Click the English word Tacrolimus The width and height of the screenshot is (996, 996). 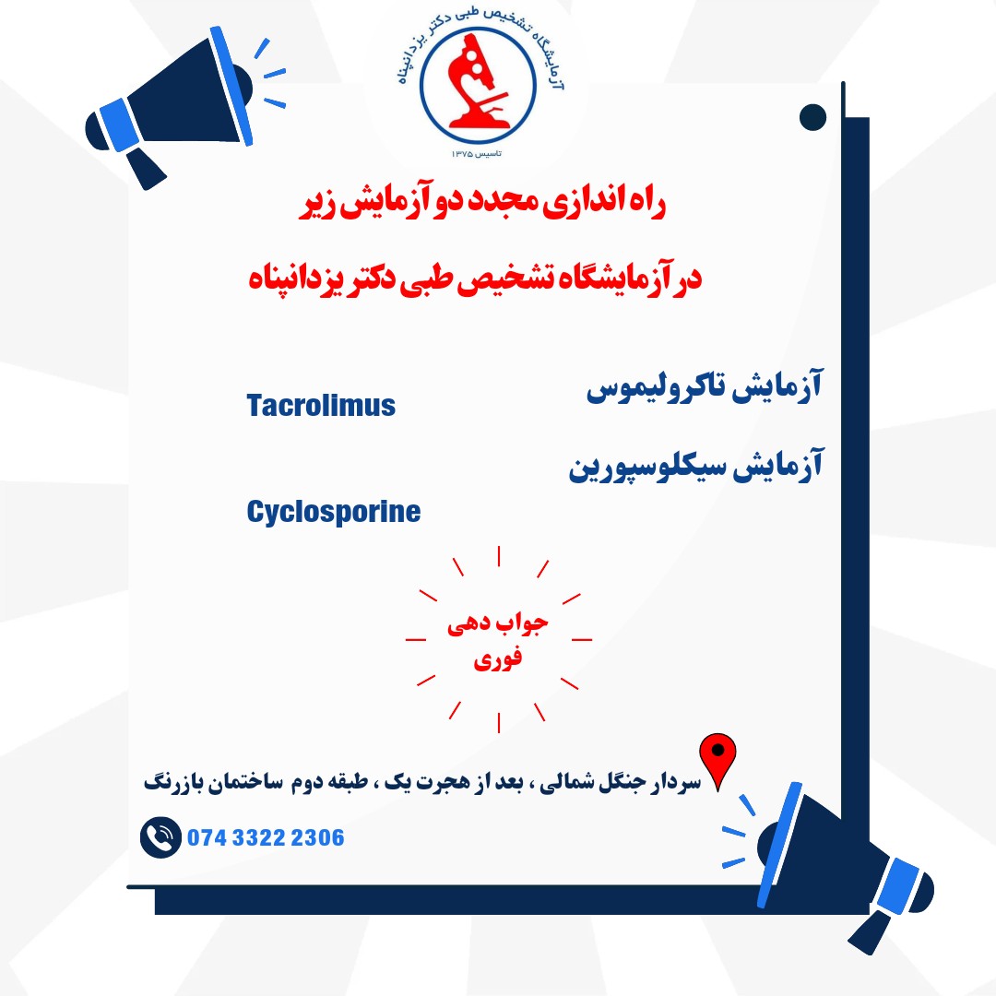tap(321, 405)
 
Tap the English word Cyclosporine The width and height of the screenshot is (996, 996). tap(334, 512)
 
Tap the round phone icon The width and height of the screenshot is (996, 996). tap(160, 837)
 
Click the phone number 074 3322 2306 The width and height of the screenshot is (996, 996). tap(266, 837)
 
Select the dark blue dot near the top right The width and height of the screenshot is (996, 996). tap(812, 117)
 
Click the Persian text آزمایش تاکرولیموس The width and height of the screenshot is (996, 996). tap(705, 386)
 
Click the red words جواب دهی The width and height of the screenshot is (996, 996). tap(497, 624)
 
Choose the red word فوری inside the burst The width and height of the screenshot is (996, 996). tap(497, 658)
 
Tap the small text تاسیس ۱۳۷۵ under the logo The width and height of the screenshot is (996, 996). tap(477, 154)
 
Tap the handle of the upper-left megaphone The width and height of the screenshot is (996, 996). tap(146, 169)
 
